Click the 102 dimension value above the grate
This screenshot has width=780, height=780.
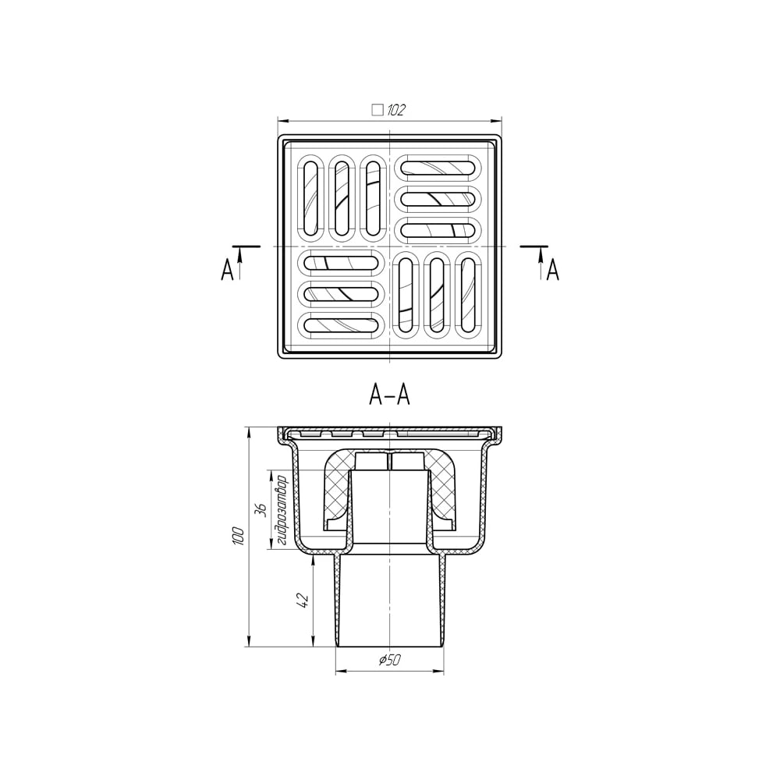396,110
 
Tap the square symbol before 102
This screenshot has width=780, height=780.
378,110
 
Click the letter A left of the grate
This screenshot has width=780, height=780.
227,270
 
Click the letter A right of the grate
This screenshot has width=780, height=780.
553,270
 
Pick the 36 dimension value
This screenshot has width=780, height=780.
261,510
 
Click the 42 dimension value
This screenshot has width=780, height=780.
303,601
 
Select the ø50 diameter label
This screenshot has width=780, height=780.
389,660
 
